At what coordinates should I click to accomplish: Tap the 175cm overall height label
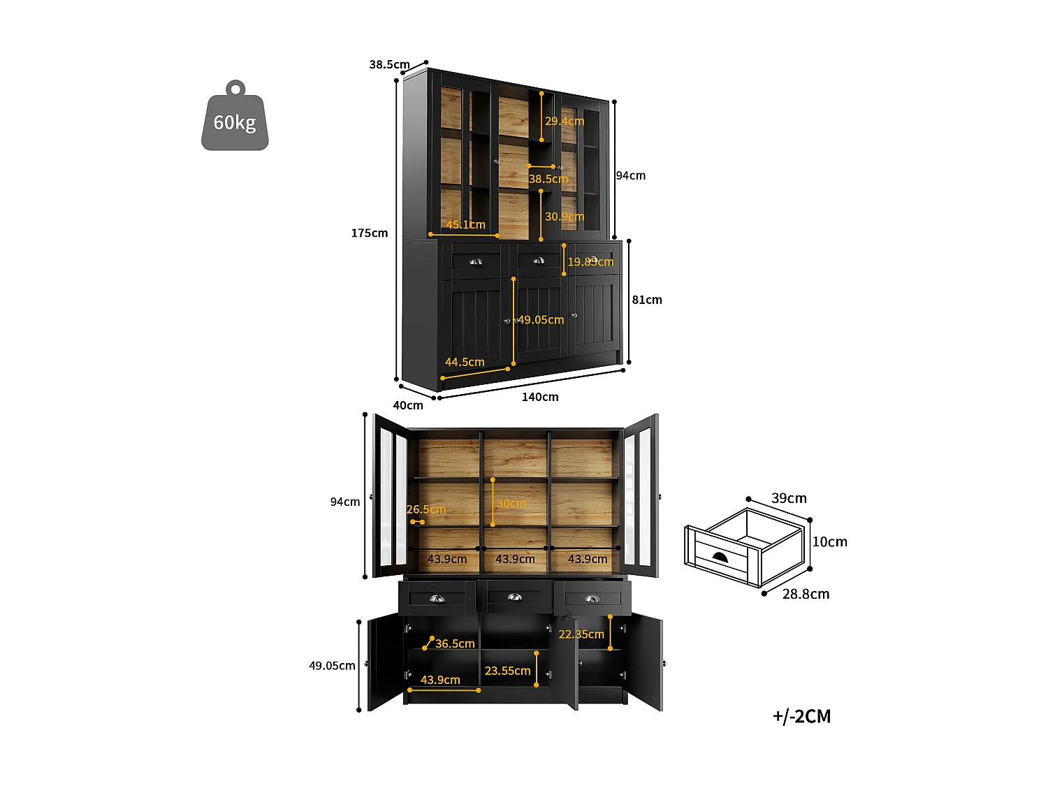369,233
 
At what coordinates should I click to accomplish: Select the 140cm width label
540,397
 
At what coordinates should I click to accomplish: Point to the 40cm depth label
408,405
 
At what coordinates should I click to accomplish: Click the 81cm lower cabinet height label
647,300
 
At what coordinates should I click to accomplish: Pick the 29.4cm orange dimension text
565,121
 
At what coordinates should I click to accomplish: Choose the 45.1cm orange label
465,224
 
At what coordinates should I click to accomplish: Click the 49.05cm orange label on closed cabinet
541,320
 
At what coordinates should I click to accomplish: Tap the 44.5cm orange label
465,362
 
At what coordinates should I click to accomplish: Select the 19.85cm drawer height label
590,262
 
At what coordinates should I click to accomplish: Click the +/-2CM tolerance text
801,716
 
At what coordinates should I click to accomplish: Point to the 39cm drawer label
789,498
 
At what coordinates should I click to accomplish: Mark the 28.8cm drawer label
806,594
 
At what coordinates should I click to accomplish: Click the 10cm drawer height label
829,541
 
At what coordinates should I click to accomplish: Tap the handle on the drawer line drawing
719,557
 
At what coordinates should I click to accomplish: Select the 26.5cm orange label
426,509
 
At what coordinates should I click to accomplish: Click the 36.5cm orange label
455,643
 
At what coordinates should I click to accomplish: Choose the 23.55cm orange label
507,671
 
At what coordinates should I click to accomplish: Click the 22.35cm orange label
581,634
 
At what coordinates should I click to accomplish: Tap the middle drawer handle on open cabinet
514,597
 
